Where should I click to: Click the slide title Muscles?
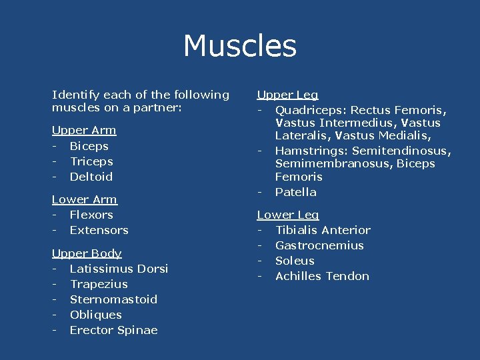240,46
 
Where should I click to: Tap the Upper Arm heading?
84,130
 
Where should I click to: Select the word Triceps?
91,161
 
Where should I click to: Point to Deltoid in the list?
91,177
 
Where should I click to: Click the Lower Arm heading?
85,199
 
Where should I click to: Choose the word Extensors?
99,230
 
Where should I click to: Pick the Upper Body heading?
87,253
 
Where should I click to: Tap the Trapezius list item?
99,284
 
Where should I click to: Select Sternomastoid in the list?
113,299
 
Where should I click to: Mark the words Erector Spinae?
113,330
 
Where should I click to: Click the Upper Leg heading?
288,95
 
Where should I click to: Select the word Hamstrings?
311,151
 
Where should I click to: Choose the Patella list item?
295,192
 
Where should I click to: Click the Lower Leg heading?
288,215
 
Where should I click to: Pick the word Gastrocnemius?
319,245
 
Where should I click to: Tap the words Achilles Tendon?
322,276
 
